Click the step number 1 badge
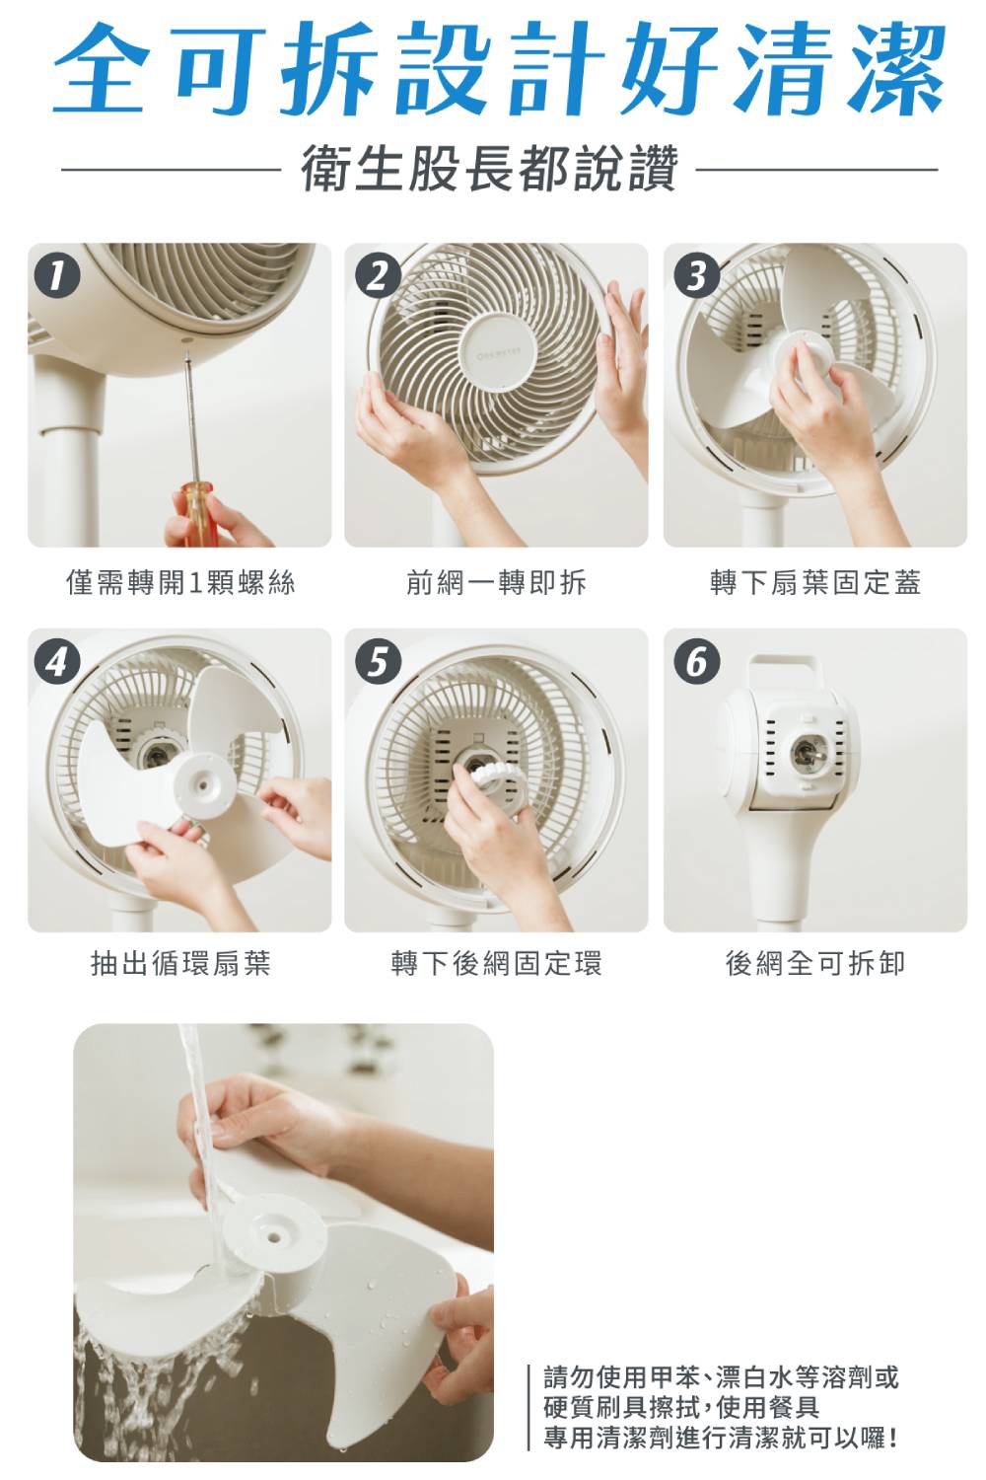[x=57, y=277]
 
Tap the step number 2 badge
[x=377, y=277]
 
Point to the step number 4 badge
[x=57, y=662]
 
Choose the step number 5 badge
[x=377, y=662]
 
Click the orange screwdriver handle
[x=196, y=515]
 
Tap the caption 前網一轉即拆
[x=496, y=583]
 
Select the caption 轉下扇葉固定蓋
[x=815, y=583]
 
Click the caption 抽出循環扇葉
[x=180, y=963]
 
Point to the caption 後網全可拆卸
[x=815, y=963]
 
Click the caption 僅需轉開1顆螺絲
[x=180, y=583]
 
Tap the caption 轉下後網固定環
[x=496, y=963]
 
